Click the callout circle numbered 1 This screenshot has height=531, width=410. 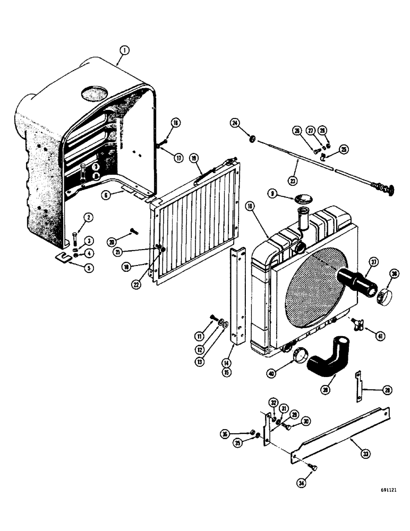click(123, 51)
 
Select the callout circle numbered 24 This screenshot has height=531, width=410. click(235, 123)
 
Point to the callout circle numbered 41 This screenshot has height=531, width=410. click(381, 336)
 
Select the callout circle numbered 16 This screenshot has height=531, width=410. click(176, 123)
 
